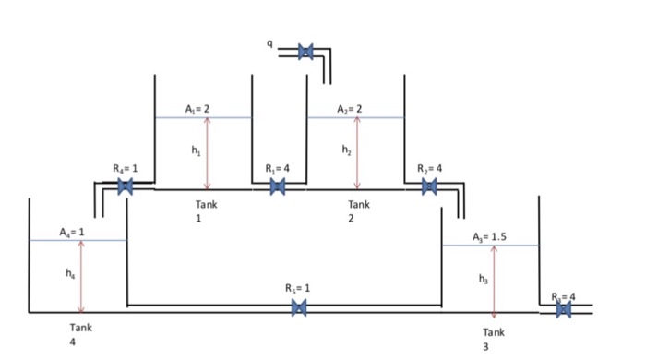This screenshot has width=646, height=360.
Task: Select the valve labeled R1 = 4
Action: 277,186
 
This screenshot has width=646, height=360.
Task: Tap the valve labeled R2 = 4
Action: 429,186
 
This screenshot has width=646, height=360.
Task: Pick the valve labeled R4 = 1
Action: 126,186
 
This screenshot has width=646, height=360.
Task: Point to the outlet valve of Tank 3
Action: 563,309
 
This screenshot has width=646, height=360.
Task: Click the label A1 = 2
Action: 195,109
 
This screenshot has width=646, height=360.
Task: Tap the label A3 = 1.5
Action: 488,236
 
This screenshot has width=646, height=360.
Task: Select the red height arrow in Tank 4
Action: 82,277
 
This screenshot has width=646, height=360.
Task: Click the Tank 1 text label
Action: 205,211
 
